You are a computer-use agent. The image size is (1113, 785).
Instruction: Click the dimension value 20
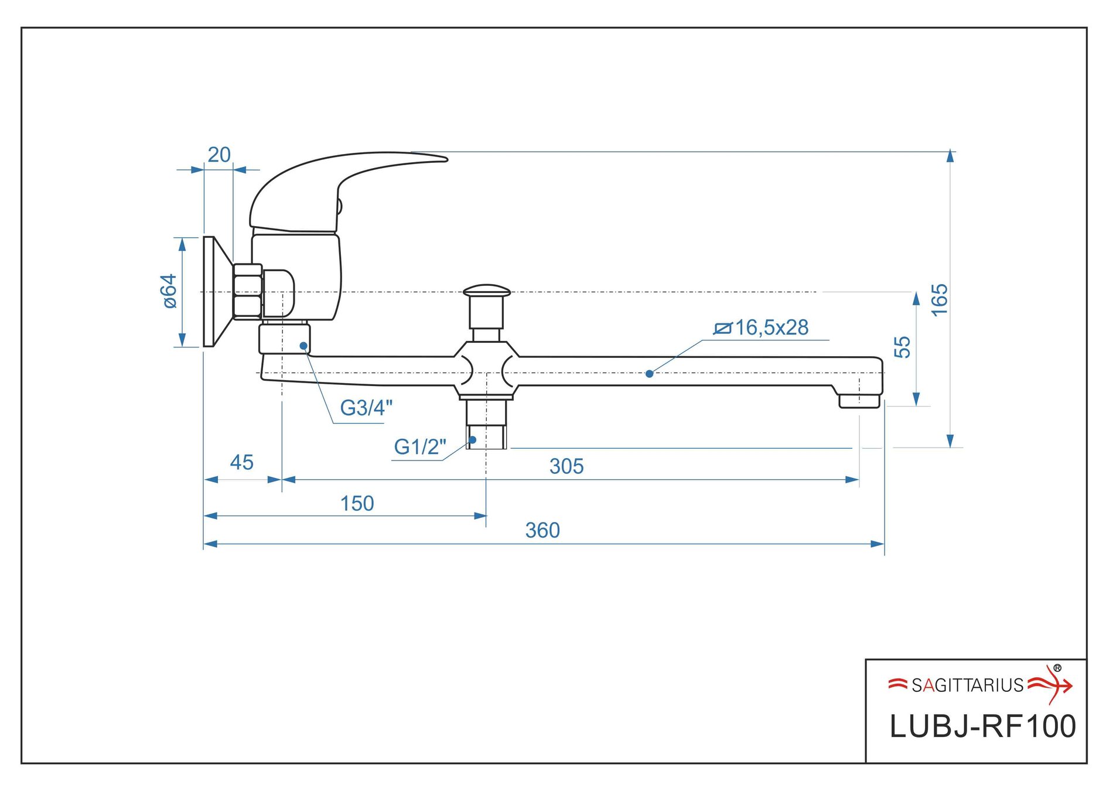(219, 155)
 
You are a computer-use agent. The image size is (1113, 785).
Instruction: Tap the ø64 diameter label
(169, 291)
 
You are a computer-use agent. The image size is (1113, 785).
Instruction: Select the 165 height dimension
(938, 300)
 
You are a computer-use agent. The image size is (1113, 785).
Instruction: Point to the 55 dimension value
(902, 347)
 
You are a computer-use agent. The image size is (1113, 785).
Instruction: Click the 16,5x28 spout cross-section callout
(762, 328)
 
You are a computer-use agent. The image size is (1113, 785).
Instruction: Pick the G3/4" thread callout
(366, 408)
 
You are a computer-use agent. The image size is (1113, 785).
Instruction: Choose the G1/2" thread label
(419, 447)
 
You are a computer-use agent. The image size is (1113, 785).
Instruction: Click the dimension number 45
(241, 462)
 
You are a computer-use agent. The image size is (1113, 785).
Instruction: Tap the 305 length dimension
(566, 466)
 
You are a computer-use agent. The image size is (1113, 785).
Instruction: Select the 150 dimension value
(357, 503)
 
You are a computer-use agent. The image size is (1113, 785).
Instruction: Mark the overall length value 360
(542, 530)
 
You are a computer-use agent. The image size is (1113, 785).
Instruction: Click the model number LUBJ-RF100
(982, 726)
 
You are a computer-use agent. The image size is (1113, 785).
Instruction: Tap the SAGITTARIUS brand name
(967, 685)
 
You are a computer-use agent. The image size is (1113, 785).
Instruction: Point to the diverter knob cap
(486, 291)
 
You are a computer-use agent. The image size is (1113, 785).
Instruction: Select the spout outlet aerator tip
(859, 401)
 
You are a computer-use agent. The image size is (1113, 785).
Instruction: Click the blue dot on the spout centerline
(649, 374)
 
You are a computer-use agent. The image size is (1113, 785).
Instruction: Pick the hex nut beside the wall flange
(247, 291)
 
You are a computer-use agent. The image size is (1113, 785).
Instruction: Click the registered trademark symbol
(1057, 668)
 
